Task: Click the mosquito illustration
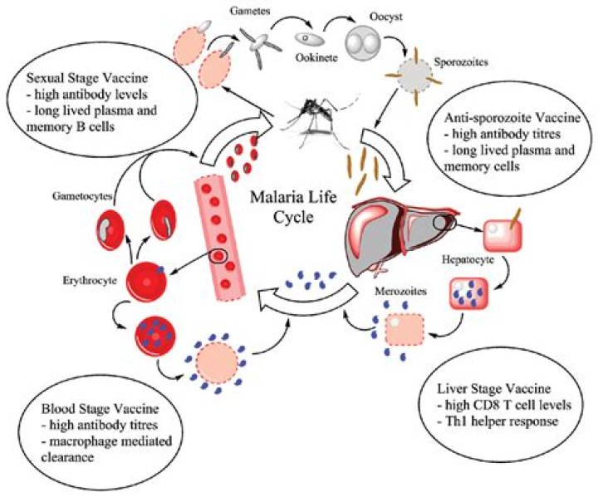312,116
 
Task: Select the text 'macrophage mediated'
100,441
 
